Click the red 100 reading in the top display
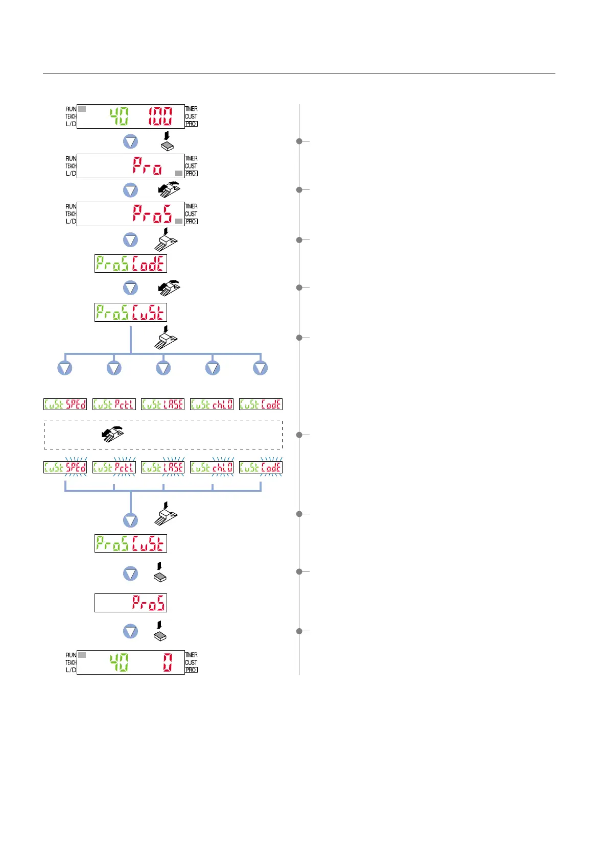click(x=160, y=116)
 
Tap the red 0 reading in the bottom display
click(x=168, y=662)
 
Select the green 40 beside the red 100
click(x=119, y=116)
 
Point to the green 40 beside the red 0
click(x=119, y=662)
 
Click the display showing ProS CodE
click(x=131, y=264)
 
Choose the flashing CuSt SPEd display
click(x=65, y=467)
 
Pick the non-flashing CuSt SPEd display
click(x=65, y=404)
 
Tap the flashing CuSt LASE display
click(x=162, y=467)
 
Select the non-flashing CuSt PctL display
click(x=114, y=404)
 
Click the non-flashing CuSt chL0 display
click(x=212, y=404)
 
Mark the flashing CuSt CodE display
click(x=261, y=467)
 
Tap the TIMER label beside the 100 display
click(x=191, y=109)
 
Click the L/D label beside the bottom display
click(x=71, y=670)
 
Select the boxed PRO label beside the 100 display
click(x=191, y=124)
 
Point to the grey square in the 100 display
click(x=82, y=109)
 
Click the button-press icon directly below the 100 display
click(x=167, y=142)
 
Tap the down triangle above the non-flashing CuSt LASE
click(x=163, y=368)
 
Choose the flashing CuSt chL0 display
click(x=212, y=467)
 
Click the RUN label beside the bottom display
click(x=71, y=655)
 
